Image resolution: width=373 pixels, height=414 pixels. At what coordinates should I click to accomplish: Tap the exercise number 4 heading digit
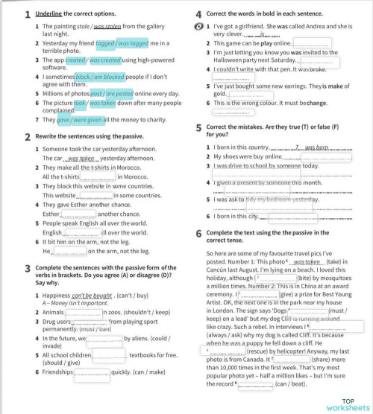point(198,14)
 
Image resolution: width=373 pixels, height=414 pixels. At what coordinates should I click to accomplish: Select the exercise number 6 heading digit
point(198,233)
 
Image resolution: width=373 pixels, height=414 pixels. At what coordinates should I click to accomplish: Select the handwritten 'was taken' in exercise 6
point(306,262)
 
